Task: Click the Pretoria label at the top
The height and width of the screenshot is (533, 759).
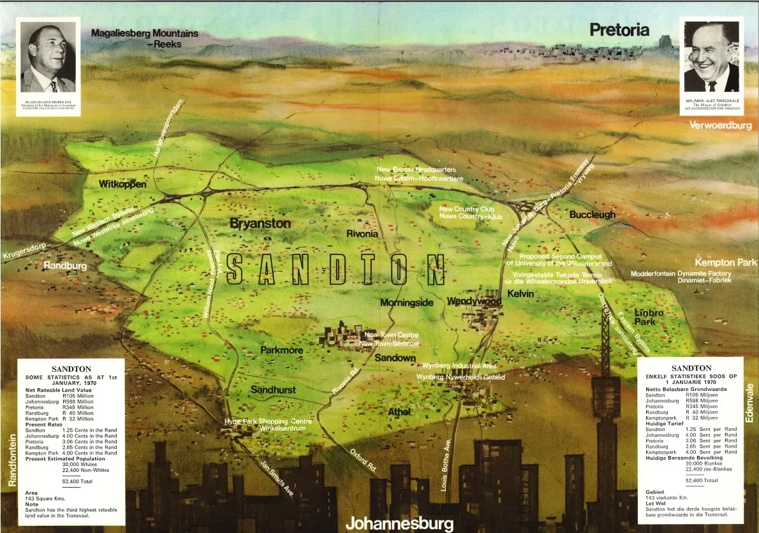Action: point(619,29)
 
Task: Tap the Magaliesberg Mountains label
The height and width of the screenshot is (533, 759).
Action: point(145,38)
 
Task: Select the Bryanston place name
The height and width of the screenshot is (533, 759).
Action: point(260,224)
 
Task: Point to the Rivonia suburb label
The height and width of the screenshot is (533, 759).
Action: point(362,234)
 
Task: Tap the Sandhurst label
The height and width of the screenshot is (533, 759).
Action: point(273,390)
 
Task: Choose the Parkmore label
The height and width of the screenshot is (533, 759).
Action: point(281,350)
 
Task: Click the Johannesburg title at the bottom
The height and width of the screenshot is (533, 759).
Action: point(399,523)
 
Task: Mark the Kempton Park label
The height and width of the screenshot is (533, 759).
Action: point(725,262)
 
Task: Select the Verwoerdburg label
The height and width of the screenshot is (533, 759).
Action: point(721,126)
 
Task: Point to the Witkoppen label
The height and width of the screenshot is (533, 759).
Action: point(122,184)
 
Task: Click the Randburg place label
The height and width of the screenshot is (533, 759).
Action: point(65,265)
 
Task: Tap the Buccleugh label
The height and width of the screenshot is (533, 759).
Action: point(593,215)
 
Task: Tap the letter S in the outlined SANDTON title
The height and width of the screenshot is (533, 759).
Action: point(235,269)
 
